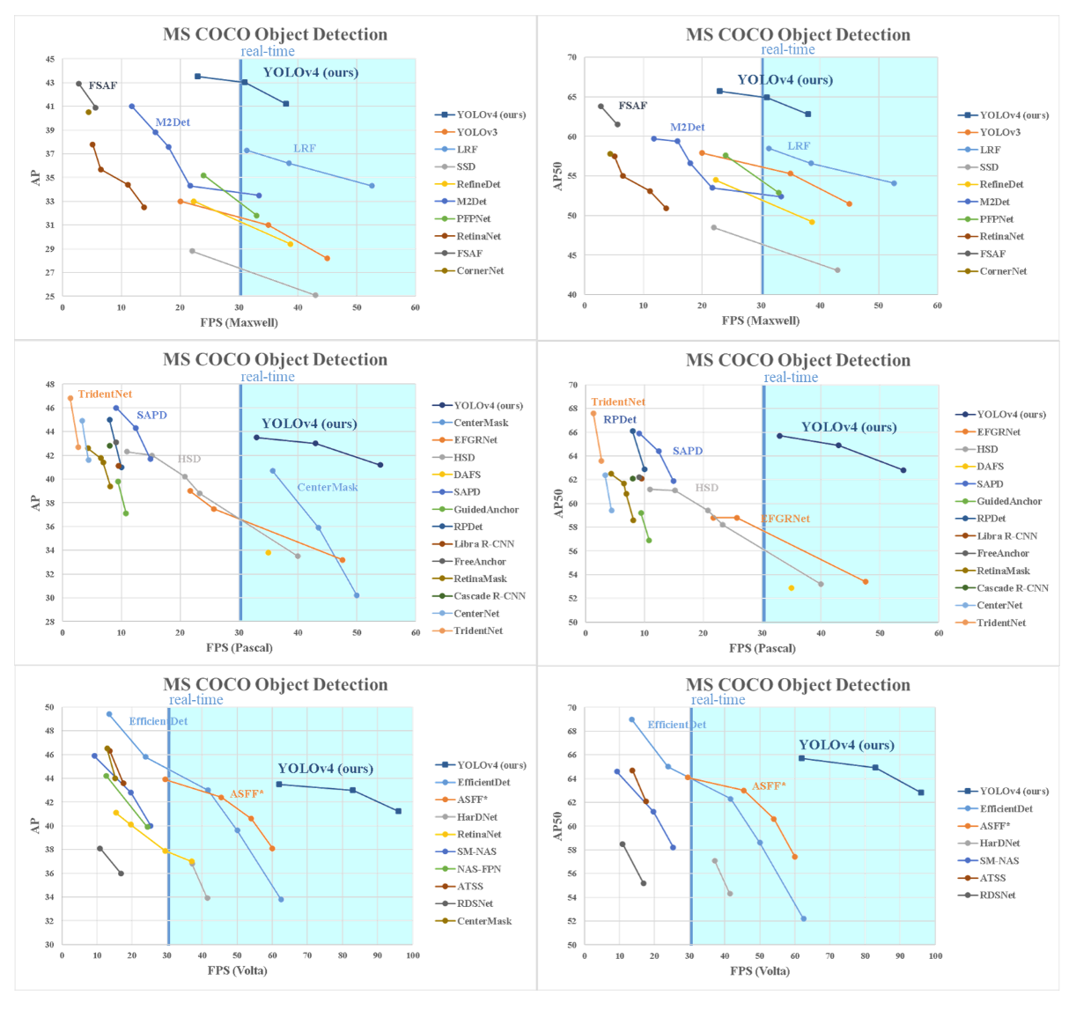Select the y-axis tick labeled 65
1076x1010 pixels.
(572, 98)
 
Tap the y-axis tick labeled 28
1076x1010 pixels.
(50, 622)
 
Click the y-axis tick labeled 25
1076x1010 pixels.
(50, 296)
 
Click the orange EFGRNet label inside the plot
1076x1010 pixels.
(785, 519)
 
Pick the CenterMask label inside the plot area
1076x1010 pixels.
(328, 487)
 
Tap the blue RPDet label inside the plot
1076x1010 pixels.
(620, 420)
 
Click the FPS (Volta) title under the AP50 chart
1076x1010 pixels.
(760, 971)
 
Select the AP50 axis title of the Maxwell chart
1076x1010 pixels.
(557, 176)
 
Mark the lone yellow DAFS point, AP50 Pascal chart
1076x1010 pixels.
(792, 588)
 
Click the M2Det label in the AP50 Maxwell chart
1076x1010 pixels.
(687, 128)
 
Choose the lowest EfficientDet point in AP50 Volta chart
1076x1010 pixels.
(804, 918)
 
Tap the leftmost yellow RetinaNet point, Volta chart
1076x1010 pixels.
(115, 813)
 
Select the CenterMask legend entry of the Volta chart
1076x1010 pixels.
(483, 921)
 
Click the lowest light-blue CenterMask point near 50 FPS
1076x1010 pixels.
(357, 595)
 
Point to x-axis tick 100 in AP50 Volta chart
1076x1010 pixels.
(935, 956)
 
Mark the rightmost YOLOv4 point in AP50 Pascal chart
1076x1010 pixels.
(903, 470)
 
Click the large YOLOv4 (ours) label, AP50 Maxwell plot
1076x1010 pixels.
(785, 80)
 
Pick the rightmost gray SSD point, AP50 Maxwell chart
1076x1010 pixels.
(837, 270)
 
